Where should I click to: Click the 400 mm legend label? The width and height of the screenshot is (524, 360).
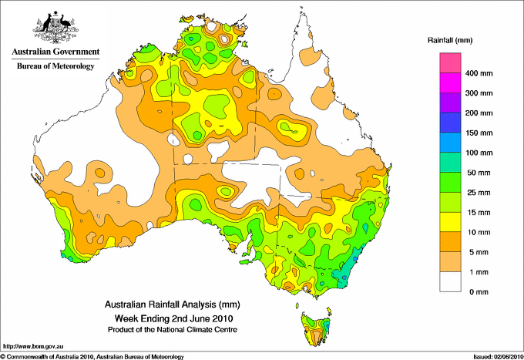pos(479,73)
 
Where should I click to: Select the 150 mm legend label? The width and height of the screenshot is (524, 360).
pos(479,133)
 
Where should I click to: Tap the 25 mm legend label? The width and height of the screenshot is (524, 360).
pos(479,193)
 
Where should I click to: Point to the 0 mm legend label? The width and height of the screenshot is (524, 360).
pos(479,292)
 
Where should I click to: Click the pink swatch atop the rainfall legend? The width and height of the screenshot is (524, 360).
pos(450,63)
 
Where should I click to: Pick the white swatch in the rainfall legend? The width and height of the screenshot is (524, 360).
pos(450,282)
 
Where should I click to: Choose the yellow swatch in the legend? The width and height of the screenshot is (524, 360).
pos(450,222)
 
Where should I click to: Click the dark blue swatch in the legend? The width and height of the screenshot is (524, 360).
pos(450,123)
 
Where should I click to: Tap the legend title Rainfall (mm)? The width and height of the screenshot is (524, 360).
pos(450,40)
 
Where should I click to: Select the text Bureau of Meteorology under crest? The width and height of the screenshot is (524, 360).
pos(55,66)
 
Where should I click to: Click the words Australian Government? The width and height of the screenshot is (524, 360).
pos(55,52)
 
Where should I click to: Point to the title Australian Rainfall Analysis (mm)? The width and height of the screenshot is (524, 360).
pos(173,304)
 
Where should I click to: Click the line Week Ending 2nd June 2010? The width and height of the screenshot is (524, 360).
pos(174,318)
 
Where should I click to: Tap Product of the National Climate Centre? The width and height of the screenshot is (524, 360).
pos(173,330)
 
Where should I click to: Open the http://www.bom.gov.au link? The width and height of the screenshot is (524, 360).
pos(33,347)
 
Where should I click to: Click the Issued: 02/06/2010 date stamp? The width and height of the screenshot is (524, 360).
pos(499,357)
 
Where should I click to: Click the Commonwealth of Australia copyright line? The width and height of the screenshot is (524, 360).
pos(92,357)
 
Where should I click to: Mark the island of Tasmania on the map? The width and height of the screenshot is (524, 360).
pos(316,329)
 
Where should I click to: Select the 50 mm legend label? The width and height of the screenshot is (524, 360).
pos(479,173)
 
